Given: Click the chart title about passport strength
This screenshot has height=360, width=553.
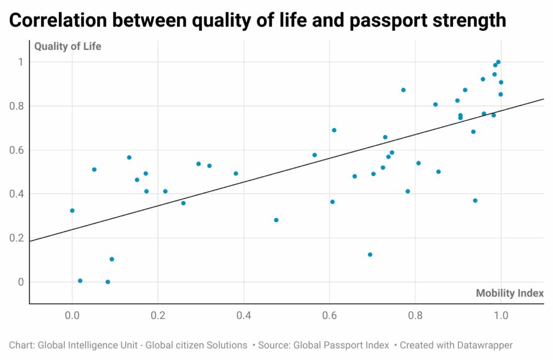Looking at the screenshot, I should click(258, 20).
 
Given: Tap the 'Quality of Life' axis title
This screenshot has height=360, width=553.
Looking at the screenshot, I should click(68, 46).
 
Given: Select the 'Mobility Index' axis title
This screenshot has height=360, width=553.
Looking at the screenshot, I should click(509, 293).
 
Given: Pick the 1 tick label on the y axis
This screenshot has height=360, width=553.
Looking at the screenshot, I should click(21, 62).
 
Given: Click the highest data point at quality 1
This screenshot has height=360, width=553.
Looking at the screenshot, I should click(498, 62).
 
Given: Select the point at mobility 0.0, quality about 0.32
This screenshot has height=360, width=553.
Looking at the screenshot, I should click(72, 210).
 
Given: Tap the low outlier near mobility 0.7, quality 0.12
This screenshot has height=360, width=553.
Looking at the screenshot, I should click(370, 255).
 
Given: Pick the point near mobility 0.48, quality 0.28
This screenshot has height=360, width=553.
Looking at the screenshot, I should click(276, 220).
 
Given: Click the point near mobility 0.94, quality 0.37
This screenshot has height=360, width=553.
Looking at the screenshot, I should click(475, 201).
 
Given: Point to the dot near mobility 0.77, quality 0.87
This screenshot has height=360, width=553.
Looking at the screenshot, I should click(403, 90).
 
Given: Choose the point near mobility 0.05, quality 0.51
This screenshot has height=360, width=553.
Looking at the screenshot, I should click(94, 169).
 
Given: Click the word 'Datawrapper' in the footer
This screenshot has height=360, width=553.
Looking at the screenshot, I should click(484, 345).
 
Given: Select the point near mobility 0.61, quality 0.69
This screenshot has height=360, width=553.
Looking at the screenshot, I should click(334, 130).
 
